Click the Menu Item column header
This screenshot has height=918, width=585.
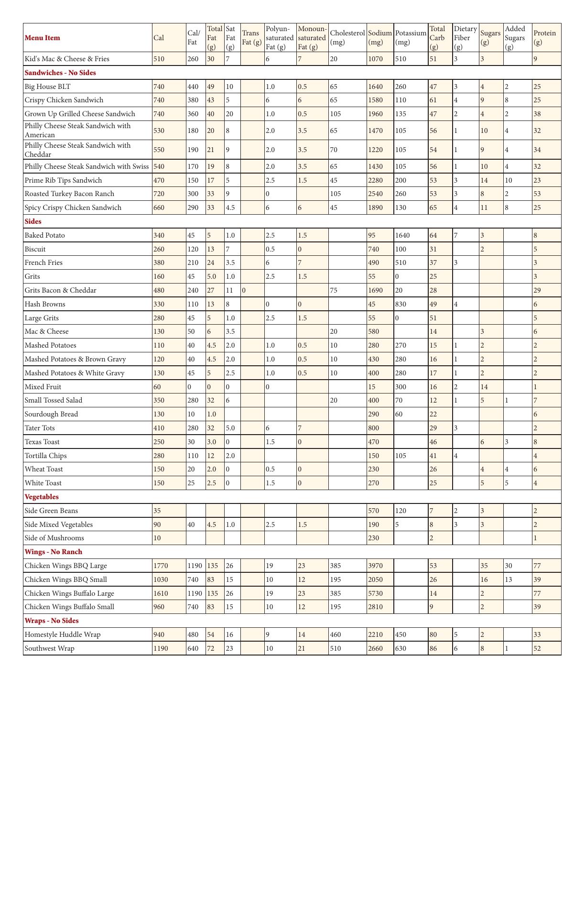coord(43,38)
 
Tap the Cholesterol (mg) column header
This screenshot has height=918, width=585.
coord(347,38)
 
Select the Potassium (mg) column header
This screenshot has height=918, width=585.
coord(411,38)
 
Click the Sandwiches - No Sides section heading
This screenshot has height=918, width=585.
coord(60,73)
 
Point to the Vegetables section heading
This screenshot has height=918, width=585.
coord(42,497)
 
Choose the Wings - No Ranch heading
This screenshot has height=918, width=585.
coord(54,552)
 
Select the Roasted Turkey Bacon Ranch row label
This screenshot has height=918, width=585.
coord(69,194)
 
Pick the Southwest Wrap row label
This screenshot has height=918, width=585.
coord(50,649)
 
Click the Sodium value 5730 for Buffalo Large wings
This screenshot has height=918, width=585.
coord(376,594)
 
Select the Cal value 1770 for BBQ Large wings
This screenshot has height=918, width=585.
coord(161,566)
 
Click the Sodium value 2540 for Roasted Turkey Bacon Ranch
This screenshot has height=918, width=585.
coord(376,194)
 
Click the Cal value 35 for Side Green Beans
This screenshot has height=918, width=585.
coord(157,511)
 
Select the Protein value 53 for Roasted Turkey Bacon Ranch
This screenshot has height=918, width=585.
coord(537,194)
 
